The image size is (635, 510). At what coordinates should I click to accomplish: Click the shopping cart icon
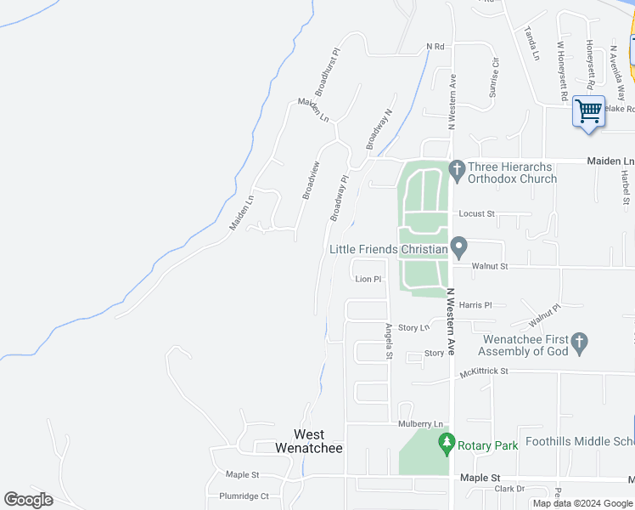click(x=588, y=110)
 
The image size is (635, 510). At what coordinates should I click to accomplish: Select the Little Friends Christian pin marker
click(x=459, y=249)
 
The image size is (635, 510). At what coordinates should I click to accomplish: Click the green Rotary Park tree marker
click(x=447, y=443)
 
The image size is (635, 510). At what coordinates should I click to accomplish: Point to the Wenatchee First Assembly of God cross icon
click(x=580, y=343)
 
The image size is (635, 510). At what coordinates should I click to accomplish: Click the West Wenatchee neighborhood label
click(x=310, y=440)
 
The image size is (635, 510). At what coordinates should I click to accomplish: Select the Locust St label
click(x=476, y=214)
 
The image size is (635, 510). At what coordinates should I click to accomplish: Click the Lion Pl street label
click(x=368, y=279)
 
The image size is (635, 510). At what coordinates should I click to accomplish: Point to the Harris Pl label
click(x=475, y=304)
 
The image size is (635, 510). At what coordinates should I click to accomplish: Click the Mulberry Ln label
click(x=420, y=424)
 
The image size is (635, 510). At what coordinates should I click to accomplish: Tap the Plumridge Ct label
click(x=244, y=496)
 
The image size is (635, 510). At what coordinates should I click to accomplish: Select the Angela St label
click(x=389, y=341)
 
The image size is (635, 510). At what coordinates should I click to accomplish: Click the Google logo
click(x=28, y=500)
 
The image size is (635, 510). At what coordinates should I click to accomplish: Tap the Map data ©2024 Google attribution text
click(x=582, y=503)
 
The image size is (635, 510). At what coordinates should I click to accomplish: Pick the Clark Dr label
click(x=509, y=489)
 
